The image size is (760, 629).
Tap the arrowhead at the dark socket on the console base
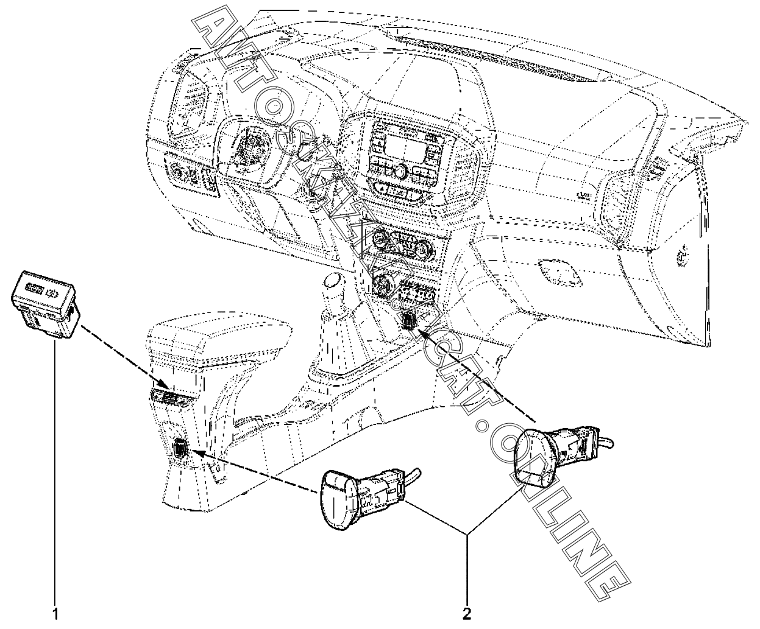click(x=194, y=452)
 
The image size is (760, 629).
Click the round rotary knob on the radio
click(x=401, y=172)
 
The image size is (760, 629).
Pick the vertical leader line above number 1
click(x=55, y=471)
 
